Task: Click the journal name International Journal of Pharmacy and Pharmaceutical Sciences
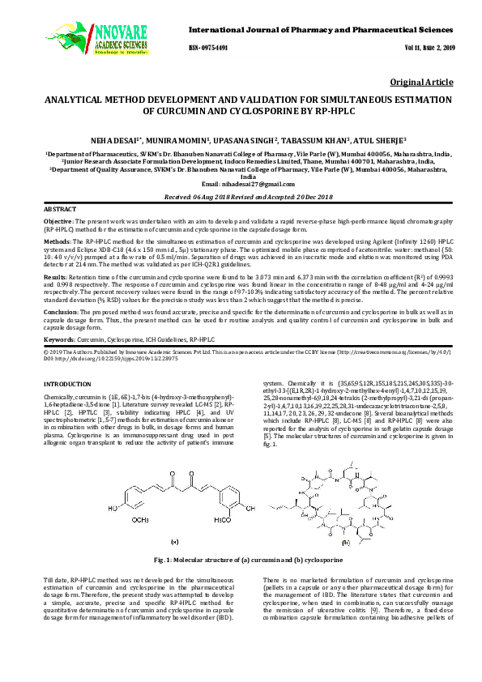321,29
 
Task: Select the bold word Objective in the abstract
58,220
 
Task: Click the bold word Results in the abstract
54,277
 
